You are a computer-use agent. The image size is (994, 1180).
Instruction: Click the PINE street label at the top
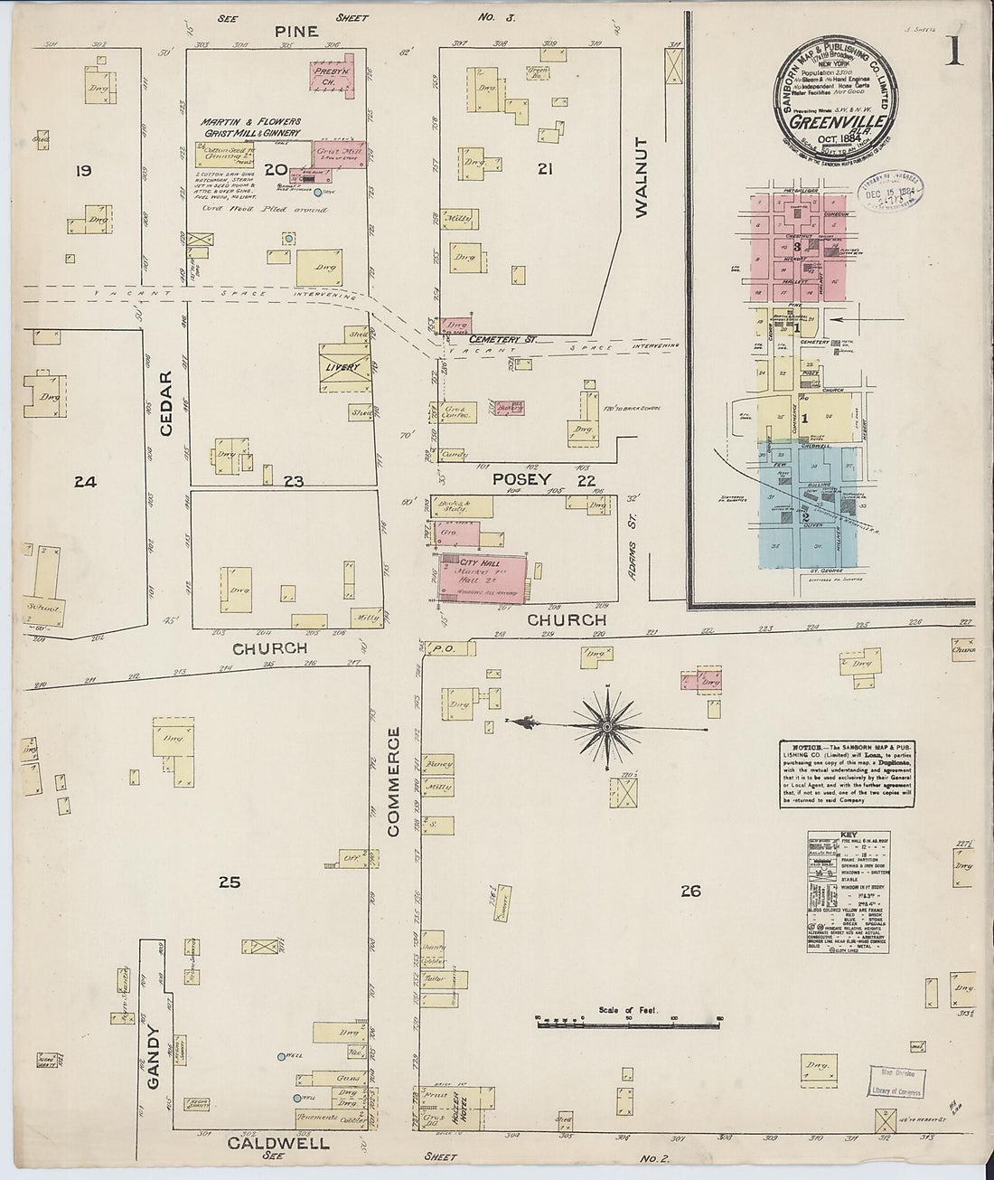[x=297, y=32]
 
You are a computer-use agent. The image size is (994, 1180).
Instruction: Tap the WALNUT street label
[x=642, y=177]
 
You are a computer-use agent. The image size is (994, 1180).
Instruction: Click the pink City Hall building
[x=481, y=577]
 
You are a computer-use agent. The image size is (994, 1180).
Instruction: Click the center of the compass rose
[x=607, y=725]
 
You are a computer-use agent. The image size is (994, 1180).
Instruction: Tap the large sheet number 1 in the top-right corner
[x=953, y=52]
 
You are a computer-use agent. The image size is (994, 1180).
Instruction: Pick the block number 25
[x=230, y=882]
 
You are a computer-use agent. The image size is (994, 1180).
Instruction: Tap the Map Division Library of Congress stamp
[x=897, y=1082]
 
